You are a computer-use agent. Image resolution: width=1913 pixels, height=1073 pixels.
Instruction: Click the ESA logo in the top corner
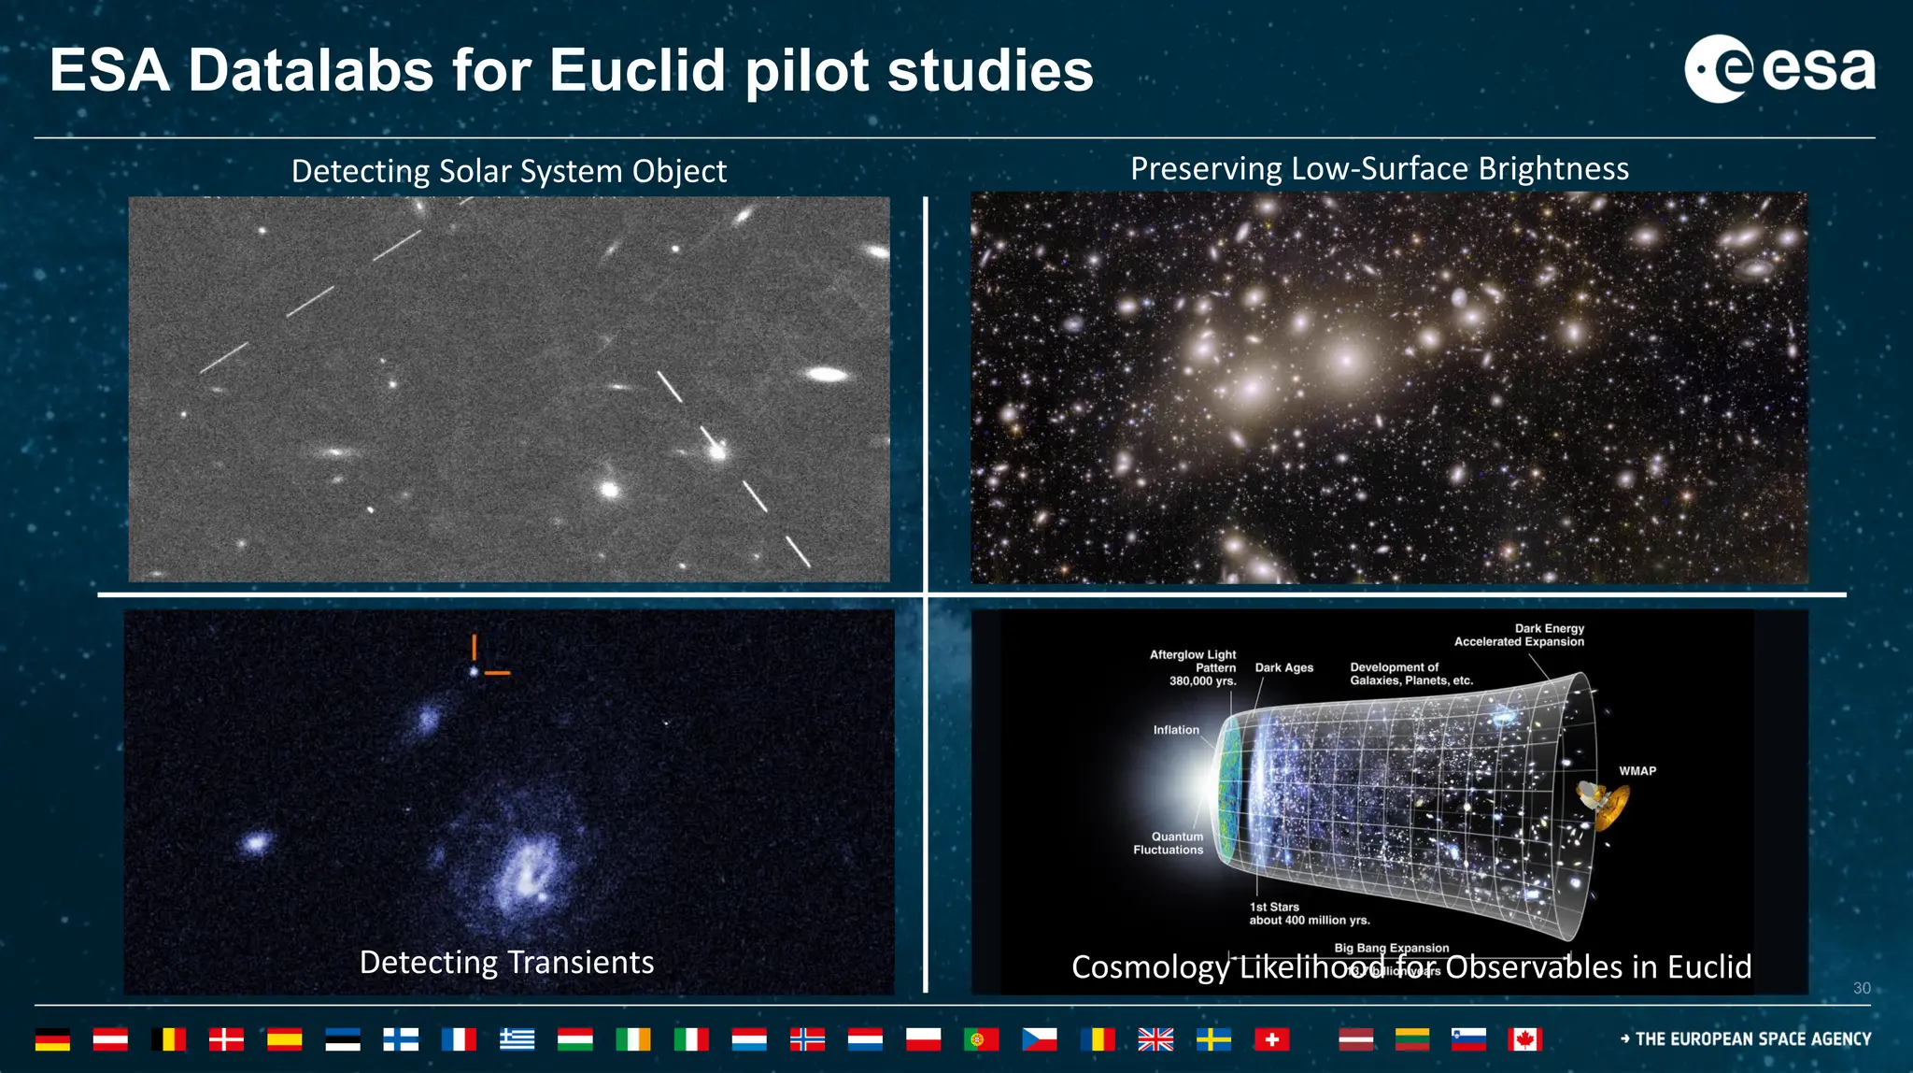click(x=1778, y=68)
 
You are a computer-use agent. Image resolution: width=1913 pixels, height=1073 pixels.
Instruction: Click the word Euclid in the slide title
click(x=637, y=70)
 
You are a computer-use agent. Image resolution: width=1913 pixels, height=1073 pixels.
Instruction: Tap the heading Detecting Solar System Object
click(x=508, y=171)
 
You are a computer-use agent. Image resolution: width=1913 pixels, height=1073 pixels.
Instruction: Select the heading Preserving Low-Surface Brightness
click(x=1379, y=168)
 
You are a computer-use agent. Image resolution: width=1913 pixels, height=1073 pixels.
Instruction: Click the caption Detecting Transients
click(x=506, y=962)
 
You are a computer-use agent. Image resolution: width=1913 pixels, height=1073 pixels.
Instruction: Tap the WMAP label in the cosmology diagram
click(x=1637, y=771)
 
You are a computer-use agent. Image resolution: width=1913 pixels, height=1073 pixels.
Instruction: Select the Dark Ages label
click(x=1283, y=667)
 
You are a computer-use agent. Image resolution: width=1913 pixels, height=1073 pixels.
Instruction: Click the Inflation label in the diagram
click(x=1175, y=730)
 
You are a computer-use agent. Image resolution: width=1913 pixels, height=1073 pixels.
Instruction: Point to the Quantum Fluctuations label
click(x=1169, y=843)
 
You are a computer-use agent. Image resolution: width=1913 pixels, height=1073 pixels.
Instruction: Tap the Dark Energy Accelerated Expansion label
click(x=1520, y=635)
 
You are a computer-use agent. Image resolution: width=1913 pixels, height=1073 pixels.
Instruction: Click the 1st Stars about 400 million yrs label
click(x=1309, y=913)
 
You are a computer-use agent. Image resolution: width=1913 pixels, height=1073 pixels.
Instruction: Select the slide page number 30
click(x=1861, y=988)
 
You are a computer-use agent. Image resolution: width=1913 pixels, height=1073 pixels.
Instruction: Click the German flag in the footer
click(x=52, y=1039)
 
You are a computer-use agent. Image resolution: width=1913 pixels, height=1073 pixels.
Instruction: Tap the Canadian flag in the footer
click(x=1523, y=1039)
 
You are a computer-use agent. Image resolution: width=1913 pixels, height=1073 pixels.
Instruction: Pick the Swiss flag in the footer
click(x=1271, y=1039)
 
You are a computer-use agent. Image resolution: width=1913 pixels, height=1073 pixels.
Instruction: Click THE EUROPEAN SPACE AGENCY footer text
click(x=1752, y=1039)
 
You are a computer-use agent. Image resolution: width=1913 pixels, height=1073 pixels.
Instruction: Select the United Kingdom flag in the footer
click(x=1155, y=1039)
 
